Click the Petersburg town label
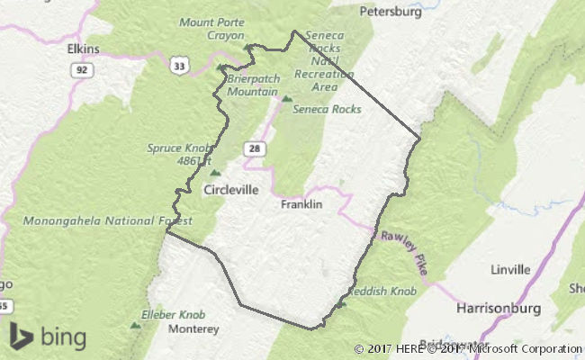[x=391, y=13]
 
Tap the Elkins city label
[x=83, y=49]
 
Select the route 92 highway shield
[x=83, y=68]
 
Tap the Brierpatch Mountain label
[x=252, y=85]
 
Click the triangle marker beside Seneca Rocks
[x=287, y=98]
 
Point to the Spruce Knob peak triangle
[x=214, y=173]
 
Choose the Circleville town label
[x=231, y=190]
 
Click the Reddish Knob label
[x=382, y=292]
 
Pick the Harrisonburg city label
[x=498, y=308]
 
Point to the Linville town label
[x=510, y=269]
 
